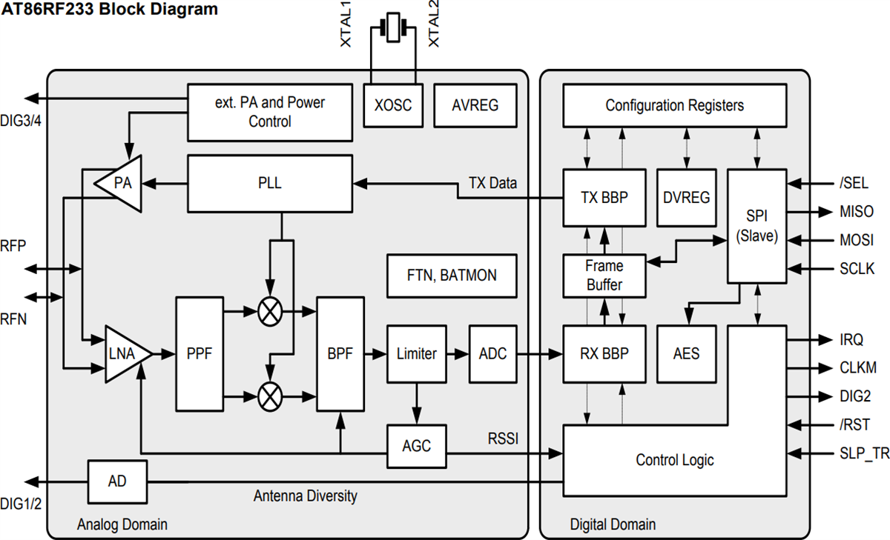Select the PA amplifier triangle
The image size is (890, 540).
point(121,182)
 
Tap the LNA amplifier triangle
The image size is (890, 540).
point(125,354)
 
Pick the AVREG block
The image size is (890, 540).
point(475,105)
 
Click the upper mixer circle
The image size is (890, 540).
point(270,312)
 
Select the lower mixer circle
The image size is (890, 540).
point(270,397)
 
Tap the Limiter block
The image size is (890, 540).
point(417,354)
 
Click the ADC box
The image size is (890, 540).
point(492,354)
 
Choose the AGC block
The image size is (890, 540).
point(416,446)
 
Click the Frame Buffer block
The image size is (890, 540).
point(604,275)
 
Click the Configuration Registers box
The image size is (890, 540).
point(674,105)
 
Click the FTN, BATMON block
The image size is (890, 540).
point(452,276)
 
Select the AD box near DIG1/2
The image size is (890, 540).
point(117,481)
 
